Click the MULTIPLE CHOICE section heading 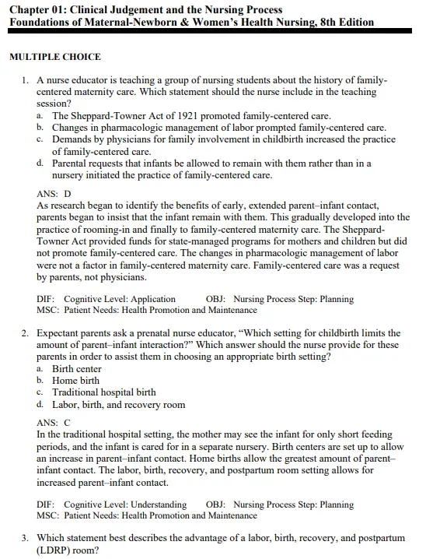[x=55, y=58]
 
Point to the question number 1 [x=26, y=80]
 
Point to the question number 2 [x=26, y=333]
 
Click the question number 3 [x=26, y=538]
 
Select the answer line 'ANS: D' [x=54, y=193]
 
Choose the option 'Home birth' [x=75, y=381]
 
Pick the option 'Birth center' [x=77, y=369]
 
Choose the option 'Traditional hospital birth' [x=104, y=392]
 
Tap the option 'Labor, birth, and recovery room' [x=118, y=405]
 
